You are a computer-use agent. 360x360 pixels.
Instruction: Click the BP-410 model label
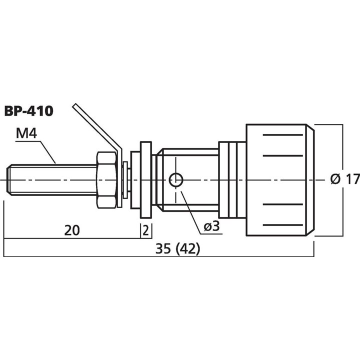(x=28, y=110)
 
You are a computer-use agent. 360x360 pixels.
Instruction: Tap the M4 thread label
(x=26, y=134)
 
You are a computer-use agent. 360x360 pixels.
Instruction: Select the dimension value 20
(x=72, y=230)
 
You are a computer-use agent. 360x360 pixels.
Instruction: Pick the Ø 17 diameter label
(x=345, y=178)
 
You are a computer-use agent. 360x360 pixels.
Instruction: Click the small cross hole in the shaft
(x=175, y=179)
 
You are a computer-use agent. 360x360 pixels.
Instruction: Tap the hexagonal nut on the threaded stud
(x=109, y=179)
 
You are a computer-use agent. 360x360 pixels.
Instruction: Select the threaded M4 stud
(x=50, y=179)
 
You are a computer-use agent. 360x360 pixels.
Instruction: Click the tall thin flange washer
(x=146, y=179)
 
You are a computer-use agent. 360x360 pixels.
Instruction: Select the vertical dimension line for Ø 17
(x=342, y=150)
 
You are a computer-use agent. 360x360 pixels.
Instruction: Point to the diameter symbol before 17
(x=336, y=178)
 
